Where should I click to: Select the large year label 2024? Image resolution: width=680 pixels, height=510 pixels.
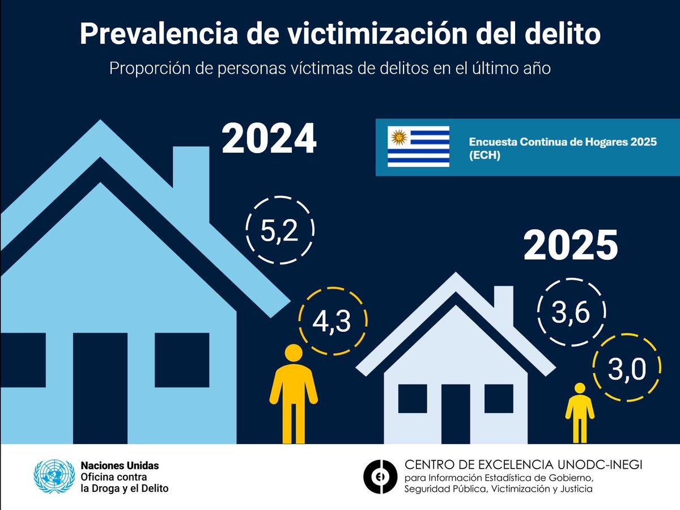tap(269, 139)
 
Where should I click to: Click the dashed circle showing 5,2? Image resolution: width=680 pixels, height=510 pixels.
tap(280, 230)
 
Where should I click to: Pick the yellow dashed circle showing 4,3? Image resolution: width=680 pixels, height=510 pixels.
tap(332, 321)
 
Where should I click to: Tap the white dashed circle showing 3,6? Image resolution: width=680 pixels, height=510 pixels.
tap(571, 313)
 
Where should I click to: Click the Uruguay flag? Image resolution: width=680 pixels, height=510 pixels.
tap(418, 146)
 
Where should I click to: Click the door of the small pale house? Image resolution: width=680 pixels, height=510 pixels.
tap(456, 413)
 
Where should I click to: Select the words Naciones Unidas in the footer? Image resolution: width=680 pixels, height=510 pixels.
tap(120, 465)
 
